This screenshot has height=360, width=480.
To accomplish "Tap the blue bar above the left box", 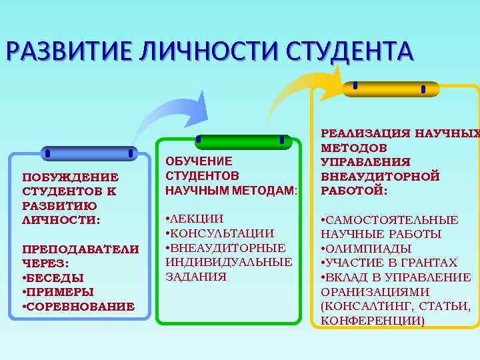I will (x=89, y=154).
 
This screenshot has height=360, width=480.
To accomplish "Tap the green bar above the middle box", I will (x=241, y=141).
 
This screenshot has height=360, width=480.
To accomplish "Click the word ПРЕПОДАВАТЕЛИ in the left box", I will (x=81, y=249).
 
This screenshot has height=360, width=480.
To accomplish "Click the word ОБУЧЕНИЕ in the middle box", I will (x=199, y=161).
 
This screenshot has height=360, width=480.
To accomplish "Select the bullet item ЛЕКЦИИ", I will (x=196, y=219).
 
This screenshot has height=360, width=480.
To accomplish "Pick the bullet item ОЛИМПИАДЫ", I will (x=370, y=249).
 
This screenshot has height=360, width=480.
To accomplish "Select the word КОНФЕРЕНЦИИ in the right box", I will (x=373, y=321).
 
